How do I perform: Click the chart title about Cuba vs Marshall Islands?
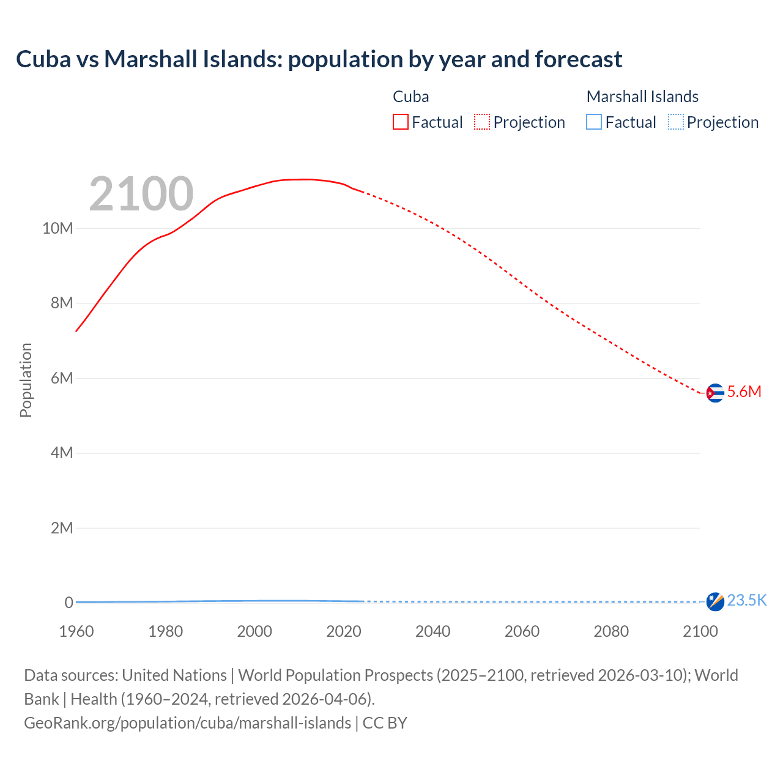coord(319,59)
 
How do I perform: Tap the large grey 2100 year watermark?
coord(141,194)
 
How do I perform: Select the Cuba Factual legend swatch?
coord(400,122)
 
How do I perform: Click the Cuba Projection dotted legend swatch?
coord(482,122)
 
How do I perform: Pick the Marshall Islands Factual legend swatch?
coord(593,122)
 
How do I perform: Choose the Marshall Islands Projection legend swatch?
coord(675,122)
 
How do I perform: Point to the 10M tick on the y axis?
coord(58,229)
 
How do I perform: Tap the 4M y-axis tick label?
coord(61,453)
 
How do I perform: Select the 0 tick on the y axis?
coord(69,603)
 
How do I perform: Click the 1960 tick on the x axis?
coord(76,631)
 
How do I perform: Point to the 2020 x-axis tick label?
coord(344,631)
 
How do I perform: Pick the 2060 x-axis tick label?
coord(522,631)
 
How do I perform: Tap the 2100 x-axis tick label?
coord(700,631)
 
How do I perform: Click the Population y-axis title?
coord(26,380)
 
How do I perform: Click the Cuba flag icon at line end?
coord(714,393)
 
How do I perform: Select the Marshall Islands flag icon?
coord(714,601)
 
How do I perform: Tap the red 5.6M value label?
coord(744,392)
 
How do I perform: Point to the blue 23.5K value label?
coord(746,601)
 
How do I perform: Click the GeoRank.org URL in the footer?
coord(187,723)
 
